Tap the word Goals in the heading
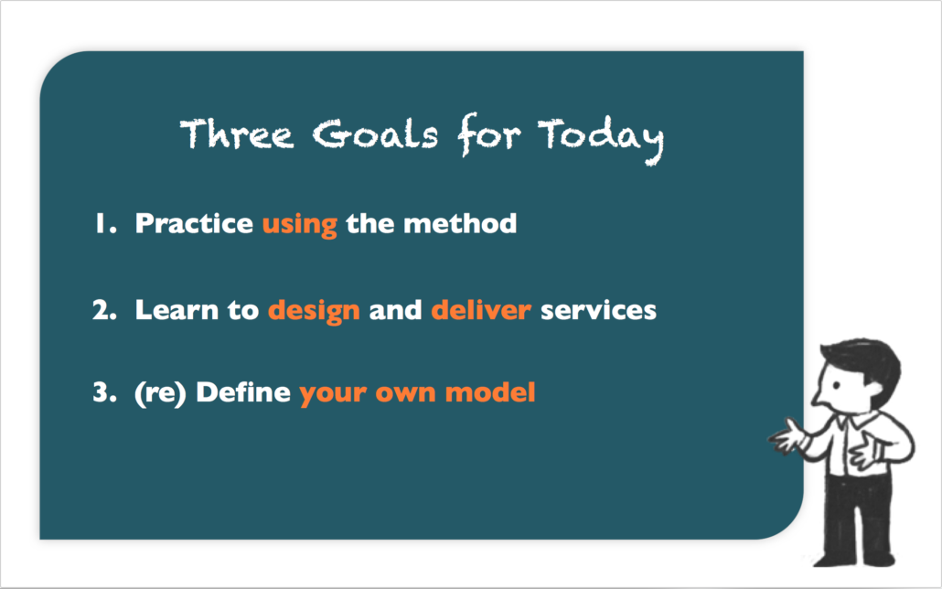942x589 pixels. point(375,133)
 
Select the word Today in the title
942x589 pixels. point(600,136)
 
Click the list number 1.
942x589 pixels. point(104,223)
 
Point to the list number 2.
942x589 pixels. point(104,310)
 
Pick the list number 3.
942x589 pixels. point(104,392)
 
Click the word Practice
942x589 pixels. point(194,223)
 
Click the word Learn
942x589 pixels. point(177,310)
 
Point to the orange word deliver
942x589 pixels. point(481,310)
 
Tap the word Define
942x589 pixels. point(243,392)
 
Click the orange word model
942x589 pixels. point(490,392)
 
